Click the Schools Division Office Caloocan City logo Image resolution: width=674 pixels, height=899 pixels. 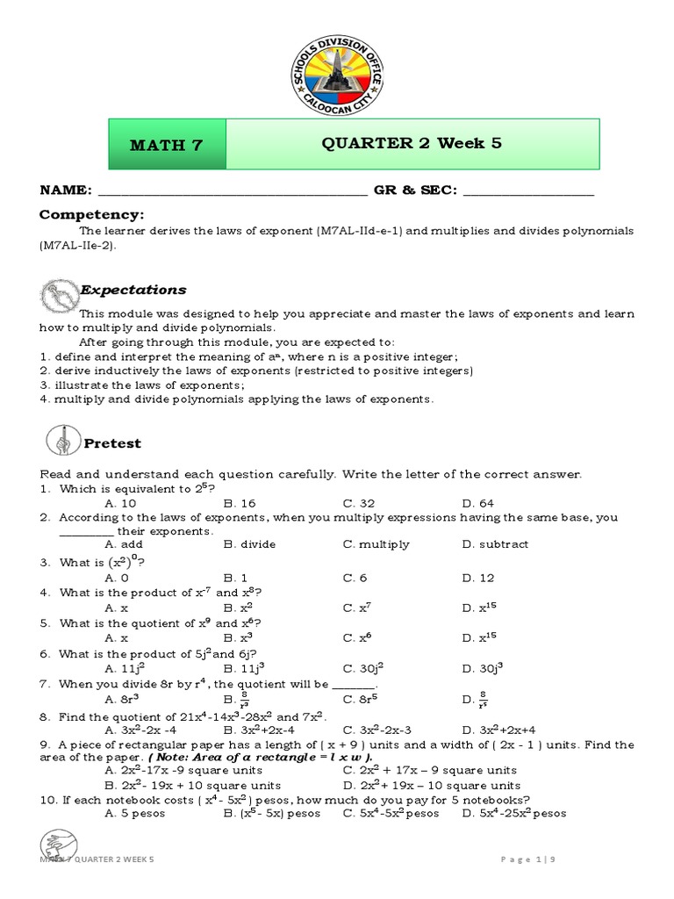[x=337, y=70]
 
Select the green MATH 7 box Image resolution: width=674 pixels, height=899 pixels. [x=167, y=146]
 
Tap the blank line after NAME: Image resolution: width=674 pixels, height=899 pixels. [x=232, y=191]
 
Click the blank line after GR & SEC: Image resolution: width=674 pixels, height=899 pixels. [x=527, y=191]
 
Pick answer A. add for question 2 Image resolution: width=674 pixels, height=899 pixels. [x=123, y=544]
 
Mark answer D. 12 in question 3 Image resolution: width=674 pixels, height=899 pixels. [x=478, y=578]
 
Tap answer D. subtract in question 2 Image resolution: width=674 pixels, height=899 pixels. [x=495, y=544]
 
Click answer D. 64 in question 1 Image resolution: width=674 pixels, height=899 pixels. [x=478, y=504]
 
